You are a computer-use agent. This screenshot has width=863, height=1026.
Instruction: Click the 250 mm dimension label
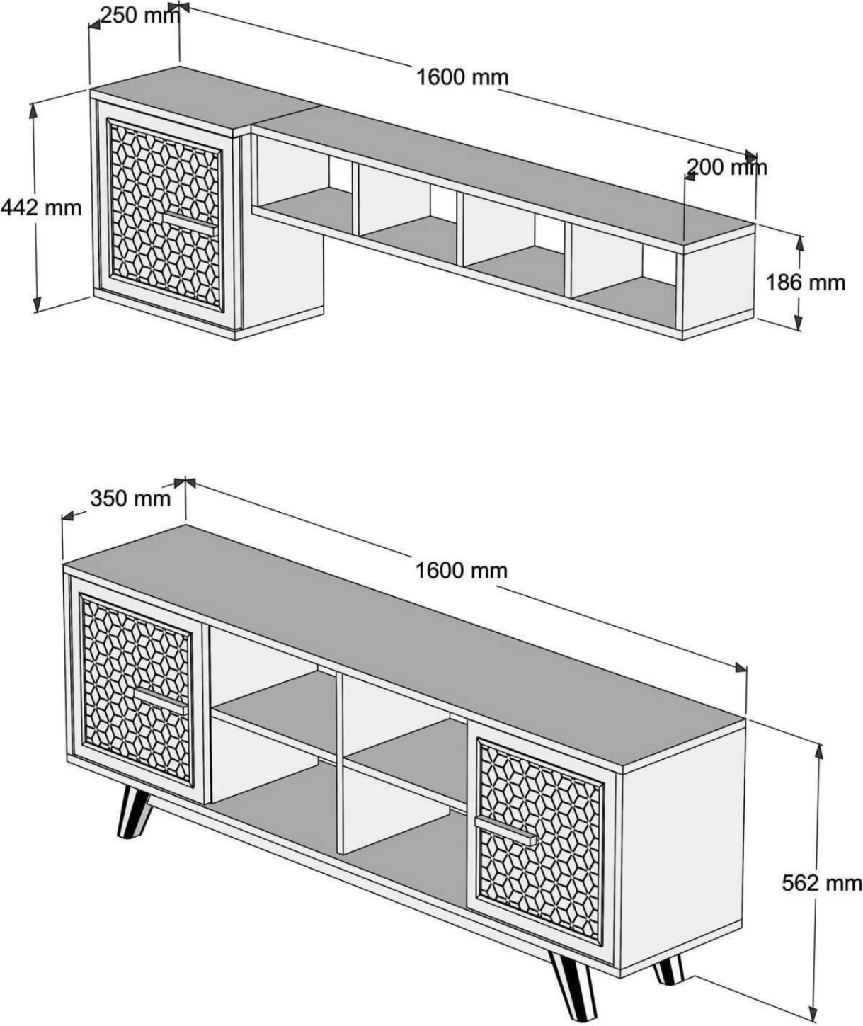(139, 15)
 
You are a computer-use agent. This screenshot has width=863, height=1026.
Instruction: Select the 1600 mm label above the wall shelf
(461, 76)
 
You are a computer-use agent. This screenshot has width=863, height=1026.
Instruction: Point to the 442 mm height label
(41, 207)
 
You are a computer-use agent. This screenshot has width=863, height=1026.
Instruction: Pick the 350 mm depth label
(130, 498)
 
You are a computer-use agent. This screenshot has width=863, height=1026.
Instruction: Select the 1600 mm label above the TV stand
(461, 570)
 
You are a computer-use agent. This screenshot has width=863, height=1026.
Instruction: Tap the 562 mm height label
(822, 882)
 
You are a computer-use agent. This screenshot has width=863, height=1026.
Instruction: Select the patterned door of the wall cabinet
(165, 216)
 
